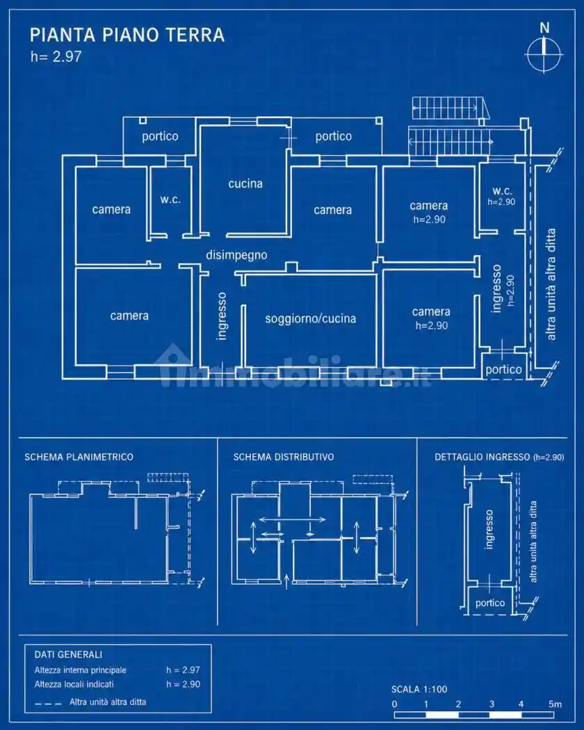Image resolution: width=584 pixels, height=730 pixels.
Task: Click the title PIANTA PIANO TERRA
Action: point(127,35)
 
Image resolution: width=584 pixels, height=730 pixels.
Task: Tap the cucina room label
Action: point(245,184)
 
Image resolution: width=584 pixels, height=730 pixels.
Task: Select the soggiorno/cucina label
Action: point(311,318)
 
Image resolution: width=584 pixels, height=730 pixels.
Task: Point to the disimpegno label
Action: point(236,255)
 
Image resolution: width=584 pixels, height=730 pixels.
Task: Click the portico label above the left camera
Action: point(160,136)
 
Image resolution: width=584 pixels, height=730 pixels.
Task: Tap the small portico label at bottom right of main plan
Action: point(503,370)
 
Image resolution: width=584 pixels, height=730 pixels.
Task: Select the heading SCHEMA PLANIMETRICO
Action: point(79,457)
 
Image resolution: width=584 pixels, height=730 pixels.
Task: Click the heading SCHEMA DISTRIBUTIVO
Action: point(284,457)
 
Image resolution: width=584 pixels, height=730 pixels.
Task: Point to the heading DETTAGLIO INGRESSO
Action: point(482,457)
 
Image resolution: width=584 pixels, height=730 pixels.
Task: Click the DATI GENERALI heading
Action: point(68,655)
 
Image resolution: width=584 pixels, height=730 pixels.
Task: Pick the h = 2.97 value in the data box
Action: point(183,670)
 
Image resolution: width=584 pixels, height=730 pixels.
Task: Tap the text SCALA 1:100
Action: point(419,689)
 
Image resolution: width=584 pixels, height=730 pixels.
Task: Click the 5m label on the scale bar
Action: point(555,704)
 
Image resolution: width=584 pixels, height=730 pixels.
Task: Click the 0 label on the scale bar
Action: point(394,704)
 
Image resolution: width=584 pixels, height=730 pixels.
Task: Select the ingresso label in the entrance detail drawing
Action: point(489,529)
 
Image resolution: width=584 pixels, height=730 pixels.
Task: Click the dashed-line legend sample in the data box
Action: point(48,703)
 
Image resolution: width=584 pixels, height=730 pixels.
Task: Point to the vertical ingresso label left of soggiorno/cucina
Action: point(222,316)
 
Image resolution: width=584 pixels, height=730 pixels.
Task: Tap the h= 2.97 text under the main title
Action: point(56,57)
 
